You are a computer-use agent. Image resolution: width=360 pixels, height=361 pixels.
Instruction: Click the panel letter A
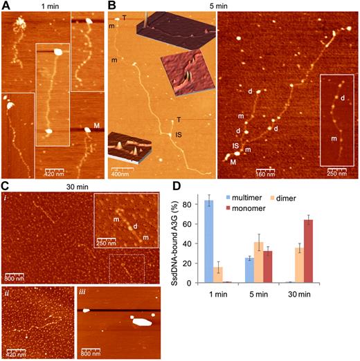(x=6, y=6)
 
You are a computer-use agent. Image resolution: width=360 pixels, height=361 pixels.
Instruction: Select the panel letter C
(x=6, y=186)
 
